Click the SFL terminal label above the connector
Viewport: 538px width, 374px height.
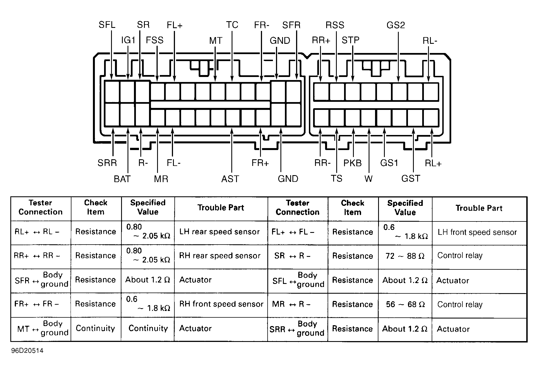click(107, 25)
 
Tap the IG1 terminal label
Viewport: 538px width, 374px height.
click(128, 40)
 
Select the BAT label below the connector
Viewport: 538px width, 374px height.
click(122, 179)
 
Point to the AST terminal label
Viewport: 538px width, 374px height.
click(230, 179)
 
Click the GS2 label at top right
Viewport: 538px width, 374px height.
click(396, 25)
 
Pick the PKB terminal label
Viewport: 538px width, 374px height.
click(352, 163)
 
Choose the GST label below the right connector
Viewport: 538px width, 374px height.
click(411, 178)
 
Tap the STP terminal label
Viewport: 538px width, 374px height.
click(350, 40)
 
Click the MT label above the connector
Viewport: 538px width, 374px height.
click(216, 41)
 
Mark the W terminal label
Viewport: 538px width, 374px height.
click(368, 179)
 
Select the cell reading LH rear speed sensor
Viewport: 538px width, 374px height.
click(219, 232)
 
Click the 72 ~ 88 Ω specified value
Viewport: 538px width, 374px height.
click(405, 256)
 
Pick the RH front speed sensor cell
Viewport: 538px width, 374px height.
click(221, 304)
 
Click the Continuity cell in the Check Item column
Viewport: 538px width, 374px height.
click(95, 328)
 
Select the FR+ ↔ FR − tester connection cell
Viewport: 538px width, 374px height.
click(37, 304)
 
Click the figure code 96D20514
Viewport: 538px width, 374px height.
click(27, 351)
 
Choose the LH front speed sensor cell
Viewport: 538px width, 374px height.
click(477, 232)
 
